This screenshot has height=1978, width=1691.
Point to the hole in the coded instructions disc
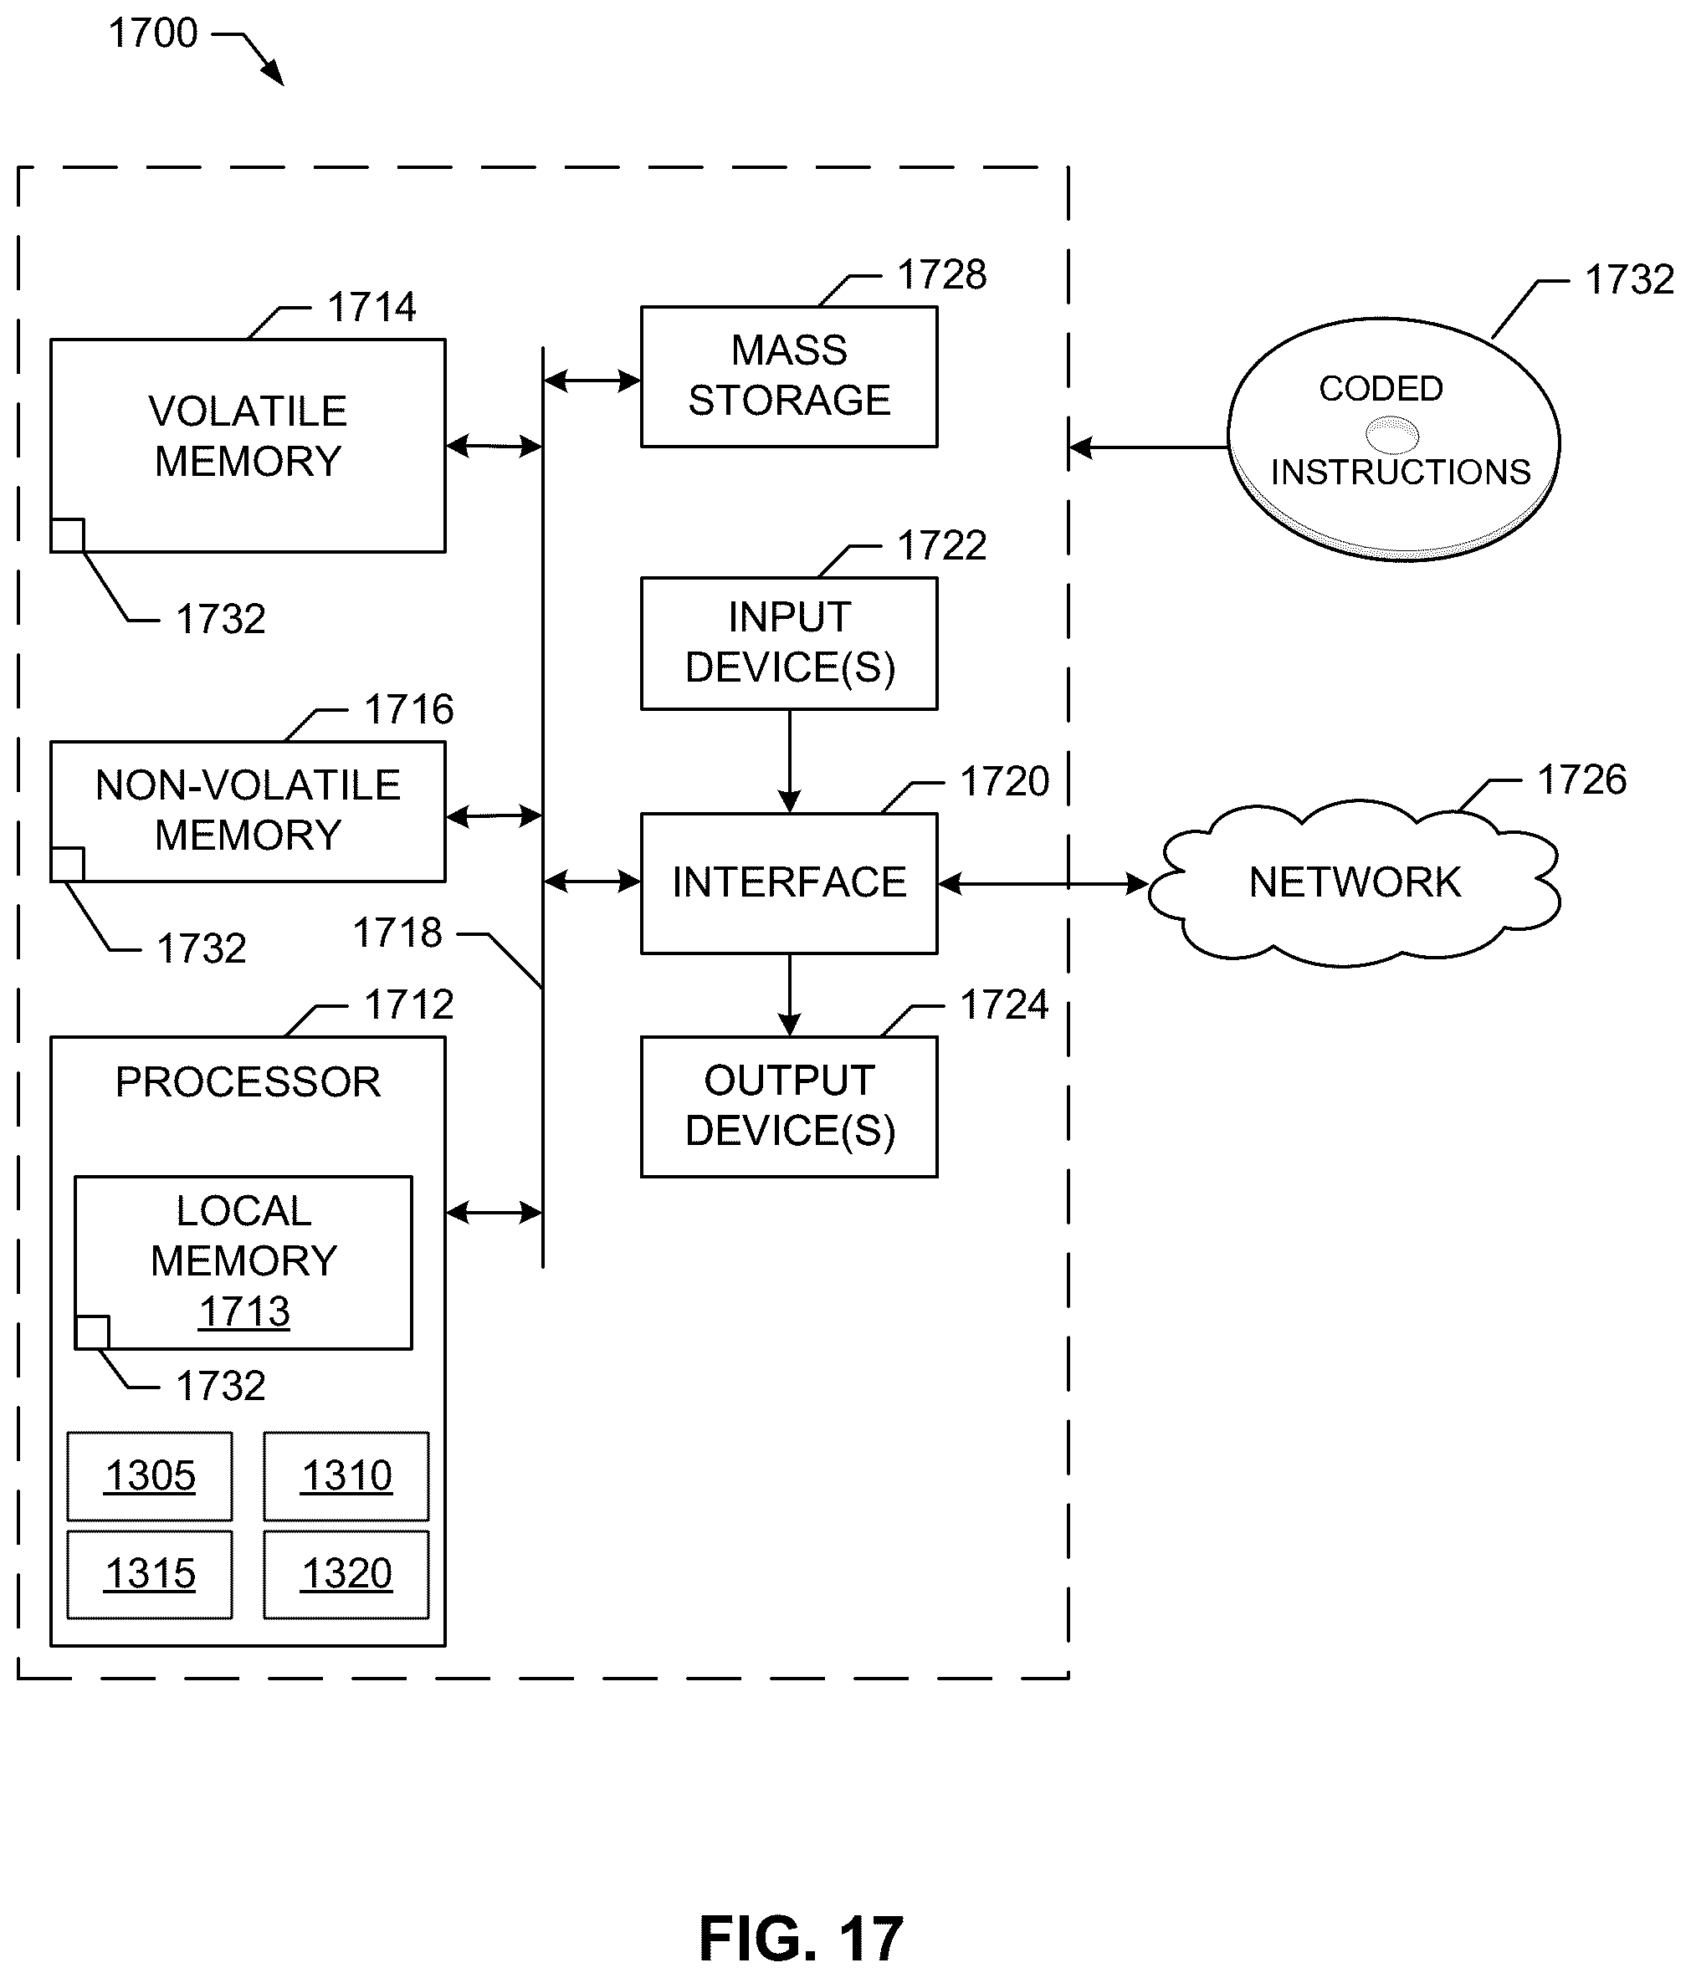coord(1392,434)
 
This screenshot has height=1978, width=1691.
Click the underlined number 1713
coord(244,1311)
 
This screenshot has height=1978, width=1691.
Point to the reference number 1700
coord(153,33)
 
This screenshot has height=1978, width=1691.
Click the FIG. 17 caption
coord(800,1938)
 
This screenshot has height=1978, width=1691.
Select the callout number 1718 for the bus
coord(397,933)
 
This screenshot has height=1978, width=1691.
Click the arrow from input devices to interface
coord(790,762)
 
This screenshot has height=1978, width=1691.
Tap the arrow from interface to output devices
coord(790,994)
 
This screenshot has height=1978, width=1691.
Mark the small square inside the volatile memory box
coord(67,535)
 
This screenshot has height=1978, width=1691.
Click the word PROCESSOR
coord(248,1082)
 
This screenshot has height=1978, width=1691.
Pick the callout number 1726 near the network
coord(1581,780)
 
